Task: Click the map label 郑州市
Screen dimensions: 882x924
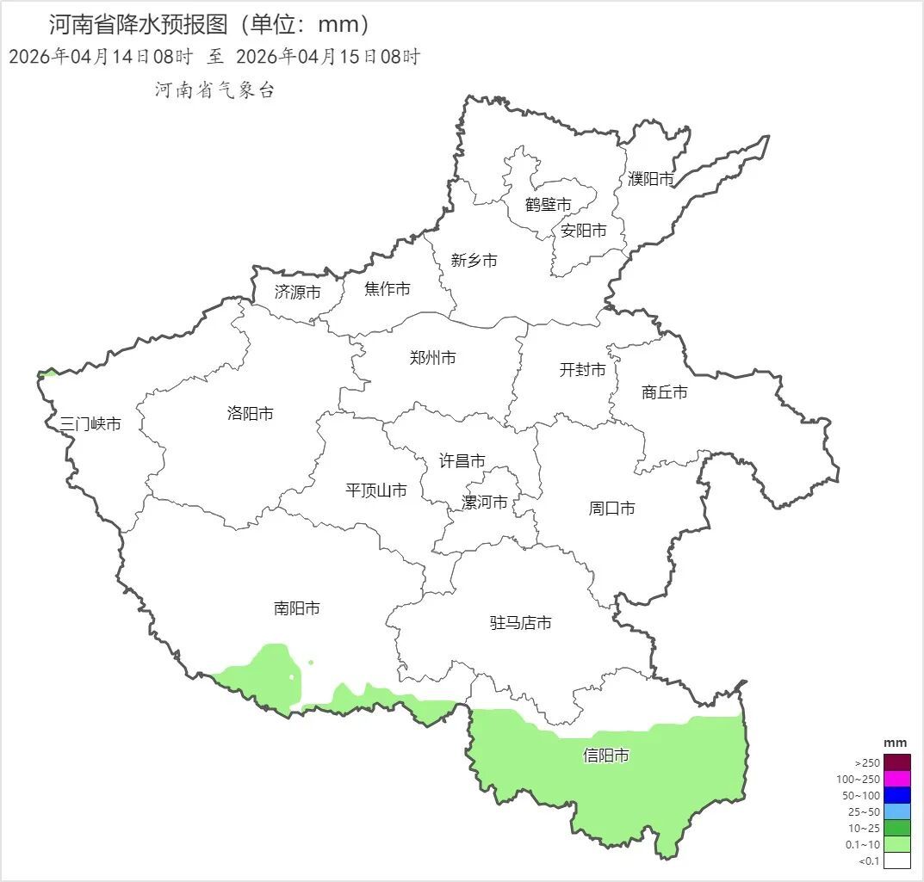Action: pyautogui.click(x=432, y=358)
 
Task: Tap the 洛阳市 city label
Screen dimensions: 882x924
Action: pyautogui.click(x=250, y=414)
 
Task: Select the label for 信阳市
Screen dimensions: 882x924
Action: pyautogui.click(x=605, y=756)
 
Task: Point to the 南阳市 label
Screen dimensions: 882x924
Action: pyautogui.click(x=297, y=608)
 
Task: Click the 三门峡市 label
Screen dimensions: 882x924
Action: pyautogui.click(x=90, y=424)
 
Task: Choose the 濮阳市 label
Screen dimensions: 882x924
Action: pyautogui.click(x=651, y=179)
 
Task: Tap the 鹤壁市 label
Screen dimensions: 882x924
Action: pyautogui.click(x=549, y=205)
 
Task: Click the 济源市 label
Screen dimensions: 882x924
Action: pyautogui.click(x=297, y=293)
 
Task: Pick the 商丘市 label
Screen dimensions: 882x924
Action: pyautogui.click(x=665, y=392)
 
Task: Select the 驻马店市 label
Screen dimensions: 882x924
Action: pyautogui.click(x=521, y=623)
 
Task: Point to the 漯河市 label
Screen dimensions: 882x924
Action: pyautogui.click(x=485, y=503)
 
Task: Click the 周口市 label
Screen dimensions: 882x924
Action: pyautogui.click(x=612, y=509)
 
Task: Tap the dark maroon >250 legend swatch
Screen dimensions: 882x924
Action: pyautogui.click(x=896, y=762)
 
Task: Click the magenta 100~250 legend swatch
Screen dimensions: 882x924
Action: pyautogui.click(x=896, y=779)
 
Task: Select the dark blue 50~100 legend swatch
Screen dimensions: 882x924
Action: pyautogui.click(x=896, y=795)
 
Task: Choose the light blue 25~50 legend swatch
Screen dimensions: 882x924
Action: pyautogui.click(x=896, y=811)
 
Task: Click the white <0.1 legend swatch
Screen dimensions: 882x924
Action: pyautogui.click(x=896, y=860)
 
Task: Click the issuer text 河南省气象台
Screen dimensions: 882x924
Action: pyautogui.click(x=214, y=90)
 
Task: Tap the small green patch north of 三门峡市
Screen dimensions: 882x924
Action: pyautogui.click(x=48, y=373)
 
